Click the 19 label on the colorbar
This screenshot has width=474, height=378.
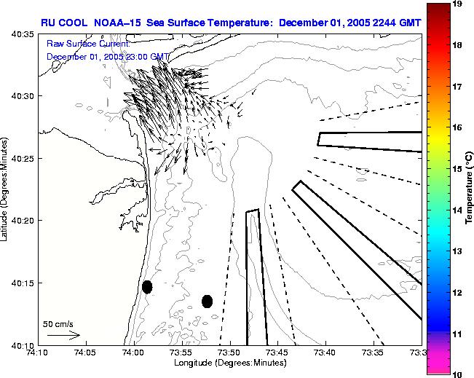pyautogui.click(x=457, y=4)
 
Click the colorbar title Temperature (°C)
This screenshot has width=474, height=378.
pyautogui.click(x=470, y=189)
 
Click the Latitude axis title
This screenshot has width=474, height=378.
pyautogui.click(x=6, y=189)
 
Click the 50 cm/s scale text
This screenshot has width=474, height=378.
pyautogui.click(x=58, y=323)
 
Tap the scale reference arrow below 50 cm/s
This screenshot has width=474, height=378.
pyautogui.click(x=63, y=335)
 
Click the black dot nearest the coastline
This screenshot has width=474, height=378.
pyautogui.click(x=147, y=287)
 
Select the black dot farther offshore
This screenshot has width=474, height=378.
pyautogui.click(x=207, y=301)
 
